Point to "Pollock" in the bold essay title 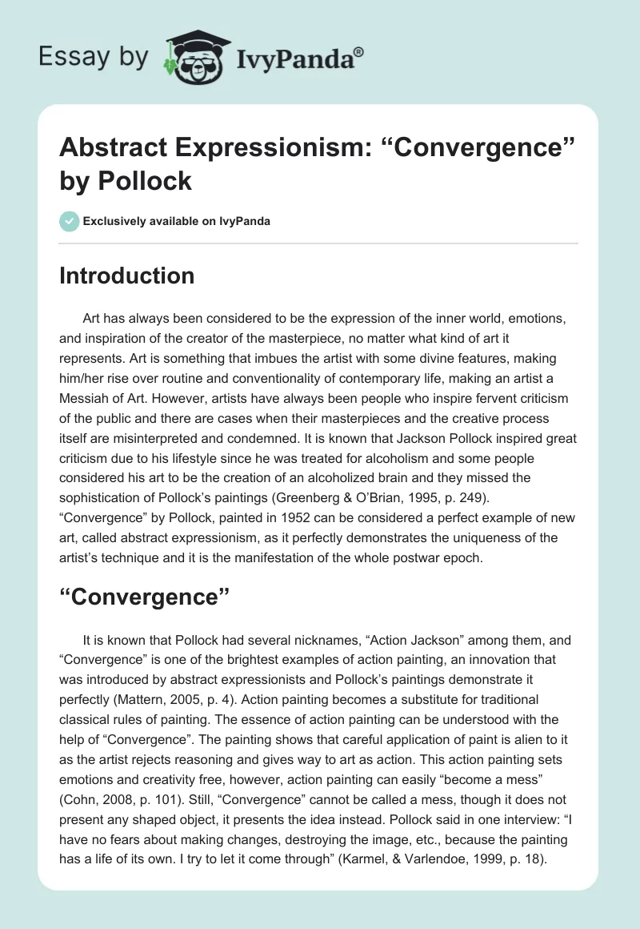145,181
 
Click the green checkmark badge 70,221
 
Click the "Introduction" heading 127,275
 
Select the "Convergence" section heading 145,596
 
